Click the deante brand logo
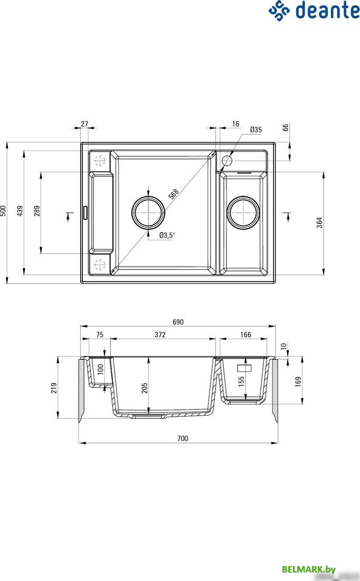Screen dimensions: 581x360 click(314, 10)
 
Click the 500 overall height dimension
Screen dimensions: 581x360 click(4, 211)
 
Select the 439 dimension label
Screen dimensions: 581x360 click(20, 211)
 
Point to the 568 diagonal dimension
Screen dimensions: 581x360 click(173, 194)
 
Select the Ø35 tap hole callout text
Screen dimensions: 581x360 click(256, 129)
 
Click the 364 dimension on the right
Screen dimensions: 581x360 click(319, 222)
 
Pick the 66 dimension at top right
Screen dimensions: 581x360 click(286, 128)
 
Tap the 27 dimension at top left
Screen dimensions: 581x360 click(84, 124)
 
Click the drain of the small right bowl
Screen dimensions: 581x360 click(243, 212)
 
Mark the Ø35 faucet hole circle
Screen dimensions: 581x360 click(228, 160)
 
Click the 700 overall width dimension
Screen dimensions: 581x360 click(182, 438)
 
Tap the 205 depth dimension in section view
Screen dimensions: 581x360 click(145, 387)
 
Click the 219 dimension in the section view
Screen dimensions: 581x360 click(54, 389)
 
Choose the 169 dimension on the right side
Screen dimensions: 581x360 click(298, 381)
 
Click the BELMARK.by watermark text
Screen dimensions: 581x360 click(309, 569)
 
